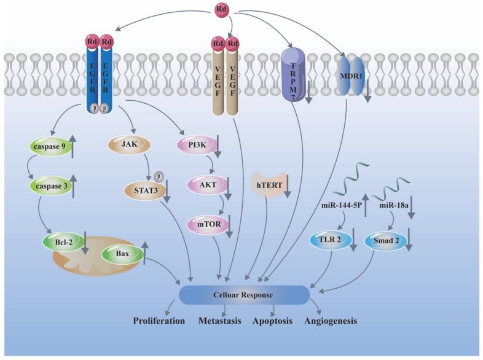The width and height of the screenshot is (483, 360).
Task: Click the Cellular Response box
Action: [x=243, y=295]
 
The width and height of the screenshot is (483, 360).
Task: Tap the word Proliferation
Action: [x=160, y=321]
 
